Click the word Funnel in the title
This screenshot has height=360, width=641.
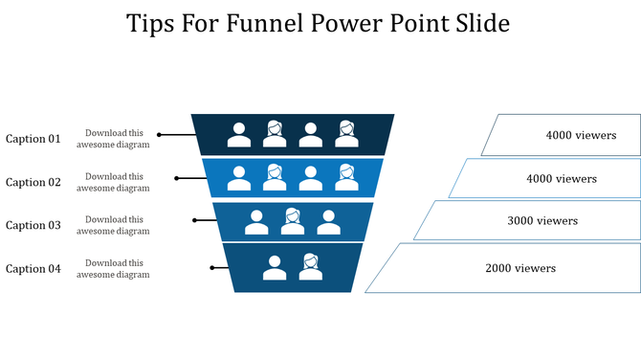tap(266, 24)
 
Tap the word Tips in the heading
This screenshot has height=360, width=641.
tap(154, 24)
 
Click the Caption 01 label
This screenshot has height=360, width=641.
tap(33, 139)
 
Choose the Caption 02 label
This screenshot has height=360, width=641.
tap(33, 182)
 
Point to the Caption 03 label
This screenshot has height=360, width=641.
tap(33, 225)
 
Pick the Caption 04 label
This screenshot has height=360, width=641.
tap(33, 269)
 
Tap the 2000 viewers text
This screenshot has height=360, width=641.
tap(520, 268)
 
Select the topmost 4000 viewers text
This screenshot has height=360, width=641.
tap(581, 135)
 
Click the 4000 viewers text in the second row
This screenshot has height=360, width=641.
tap(562, 178)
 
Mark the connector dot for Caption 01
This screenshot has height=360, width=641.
tap(160, 135)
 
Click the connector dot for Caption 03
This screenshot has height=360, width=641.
tap(195, 220)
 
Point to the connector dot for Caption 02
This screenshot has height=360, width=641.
tap(177, 177)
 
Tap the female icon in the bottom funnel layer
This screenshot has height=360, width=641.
tap(310, 267)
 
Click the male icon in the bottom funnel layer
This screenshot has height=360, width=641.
tap(275, 268)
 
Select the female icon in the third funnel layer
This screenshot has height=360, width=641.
tap(293, 222)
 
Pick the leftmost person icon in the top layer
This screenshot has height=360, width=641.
tap(239, 135)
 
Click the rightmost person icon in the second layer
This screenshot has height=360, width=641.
tap(346, 177)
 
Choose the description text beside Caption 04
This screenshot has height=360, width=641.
tap(114, 269)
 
